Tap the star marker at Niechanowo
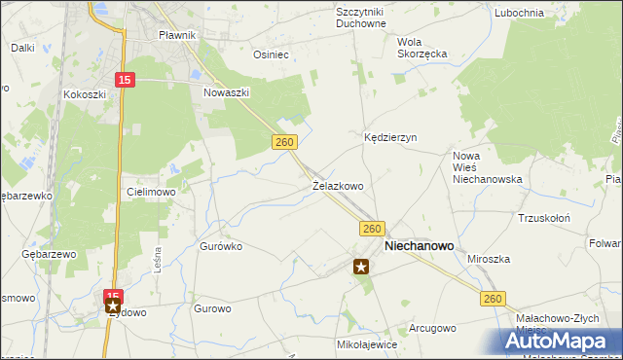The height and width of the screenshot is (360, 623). [x=361, y=266]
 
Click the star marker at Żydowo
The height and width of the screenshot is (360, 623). [x=113, y=307]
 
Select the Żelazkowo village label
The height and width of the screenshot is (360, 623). [x=338, y=185]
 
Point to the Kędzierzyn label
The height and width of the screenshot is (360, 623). [x=390, y=138]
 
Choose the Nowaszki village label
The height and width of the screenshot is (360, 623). [x=228, y=92]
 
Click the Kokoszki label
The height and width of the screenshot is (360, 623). [x=84, y=94]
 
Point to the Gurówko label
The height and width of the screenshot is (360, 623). [x=221, y=246]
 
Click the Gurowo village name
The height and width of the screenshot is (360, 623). [x=212, y=308]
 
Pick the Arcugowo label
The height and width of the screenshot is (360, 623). [x=432, y=328]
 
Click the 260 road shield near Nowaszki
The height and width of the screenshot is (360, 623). [x=283, y=142]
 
